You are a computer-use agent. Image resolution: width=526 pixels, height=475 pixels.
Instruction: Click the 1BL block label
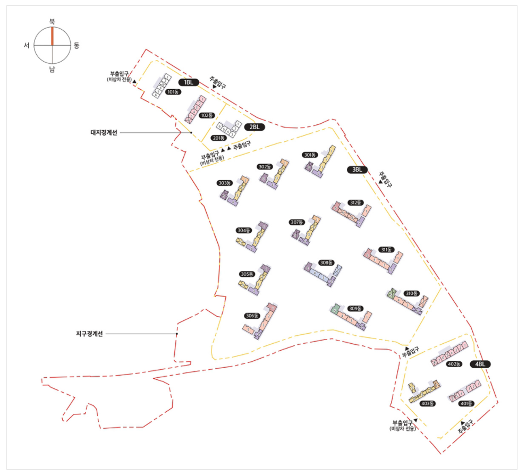pyautogui.click(x=188, y=82)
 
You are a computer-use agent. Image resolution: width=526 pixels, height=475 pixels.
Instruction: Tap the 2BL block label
pyautogui.click(x=254, y=127)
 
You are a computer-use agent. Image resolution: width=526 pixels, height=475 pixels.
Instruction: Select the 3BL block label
pyautogui.click(x=358, y=169)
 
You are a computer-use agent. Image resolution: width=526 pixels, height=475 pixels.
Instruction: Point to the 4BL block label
pyautogui.click(x=481, y=364)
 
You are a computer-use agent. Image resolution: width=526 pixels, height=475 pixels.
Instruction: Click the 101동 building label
pyautogui.click(x=173, y=92)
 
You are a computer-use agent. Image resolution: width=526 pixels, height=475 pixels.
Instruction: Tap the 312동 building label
pyautogui.click(x=355, y=202)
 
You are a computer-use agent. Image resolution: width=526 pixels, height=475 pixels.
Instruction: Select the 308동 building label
pyautogui.click(x=326, y=262)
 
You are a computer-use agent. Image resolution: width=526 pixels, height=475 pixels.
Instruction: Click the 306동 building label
pyautogui.click(x=251, y=316)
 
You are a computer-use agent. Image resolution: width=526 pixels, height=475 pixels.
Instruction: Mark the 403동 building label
pyautogui.click(x=428, y=404)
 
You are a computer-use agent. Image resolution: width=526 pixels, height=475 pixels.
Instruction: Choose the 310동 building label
pyautogui.click(x=411, y=293)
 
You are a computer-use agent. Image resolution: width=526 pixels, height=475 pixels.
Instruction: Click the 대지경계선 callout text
pyautogui.click(x=104, y=132)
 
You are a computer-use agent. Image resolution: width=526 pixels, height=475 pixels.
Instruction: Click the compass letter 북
pyautogui.click(x=52, y=22)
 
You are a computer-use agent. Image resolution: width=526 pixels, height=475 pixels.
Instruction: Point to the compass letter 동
pyautogui.click(x=77, y=46)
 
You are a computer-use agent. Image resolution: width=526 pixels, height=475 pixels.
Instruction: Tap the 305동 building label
pyautogui.click(x=246, y=274)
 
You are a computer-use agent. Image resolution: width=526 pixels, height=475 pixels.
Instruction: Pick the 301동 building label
pyautogui.click(x=310, y=155)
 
